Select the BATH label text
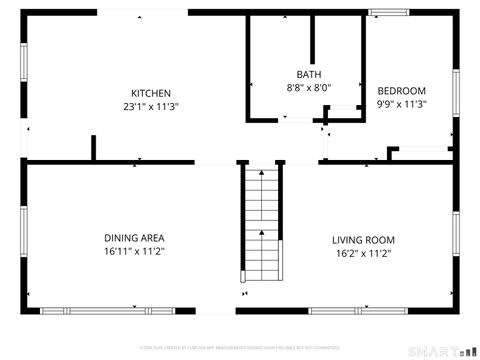click(308, 75)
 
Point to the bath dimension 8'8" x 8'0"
click(308, 88)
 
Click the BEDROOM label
click(401, 91)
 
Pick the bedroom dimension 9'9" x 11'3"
click(401, 104)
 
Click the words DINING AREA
click(134, 238)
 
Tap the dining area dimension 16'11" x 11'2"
click(134, 251)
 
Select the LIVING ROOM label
click(363, 240)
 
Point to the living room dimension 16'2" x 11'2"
click(363, 253)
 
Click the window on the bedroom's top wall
click(390, 12)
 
